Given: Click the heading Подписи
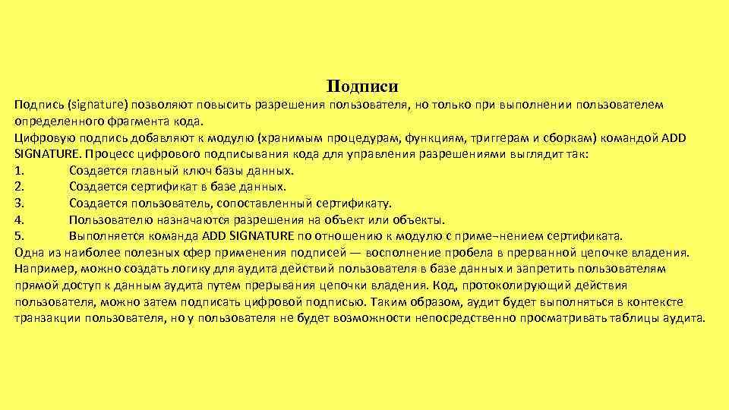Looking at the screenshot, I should coord(363,87).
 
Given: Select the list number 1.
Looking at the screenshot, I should coord(18,170).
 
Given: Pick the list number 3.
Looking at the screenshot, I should coord(18,203).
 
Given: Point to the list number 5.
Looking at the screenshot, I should coord(18,236).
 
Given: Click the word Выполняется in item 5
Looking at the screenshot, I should coord(103,236).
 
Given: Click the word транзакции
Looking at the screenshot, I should coord(43,319).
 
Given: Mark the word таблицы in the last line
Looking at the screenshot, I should coord(636,319).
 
